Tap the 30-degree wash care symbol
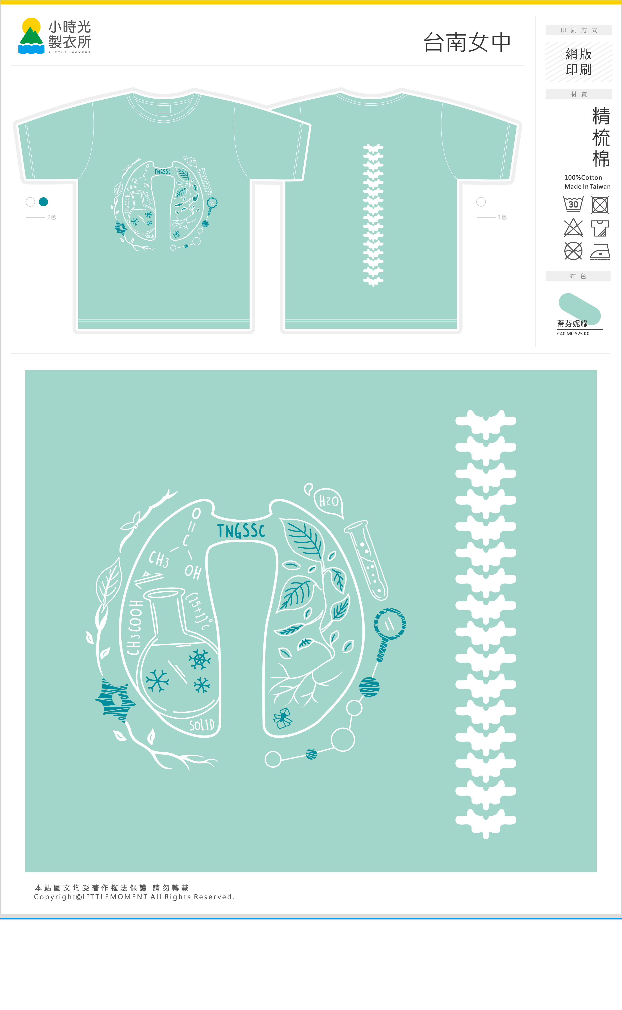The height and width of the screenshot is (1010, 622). tap(573, 204)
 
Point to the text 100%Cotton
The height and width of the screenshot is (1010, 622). tap(583, 177)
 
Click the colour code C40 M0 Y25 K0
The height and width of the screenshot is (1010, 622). tap(573, 334)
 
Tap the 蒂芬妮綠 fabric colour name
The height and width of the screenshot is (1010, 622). tap(572, 323)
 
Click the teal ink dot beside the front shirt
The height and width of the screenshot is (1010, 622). tap(43, 202)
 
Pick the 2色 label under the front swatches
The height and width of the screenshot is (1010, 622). tap(51, 217)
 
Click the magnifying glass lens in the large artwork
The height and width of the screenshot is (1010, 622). tap(390, 624)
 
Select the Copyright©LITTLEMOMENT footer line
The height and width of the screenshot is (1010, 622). tap(134, 897)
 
